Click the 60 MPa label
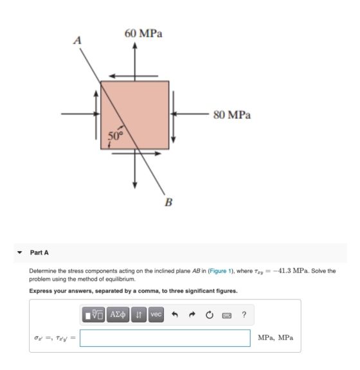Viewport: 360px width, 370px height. tap(143, 33)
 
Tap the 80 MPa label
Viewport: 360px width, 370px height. tap(232, 115)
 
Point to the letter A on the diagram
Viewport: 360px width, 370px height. tap(78, 40)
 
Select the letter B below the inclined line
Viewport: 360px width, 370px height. tap(168, 202)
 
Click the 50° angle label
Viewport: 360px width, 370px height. tap(116, 136)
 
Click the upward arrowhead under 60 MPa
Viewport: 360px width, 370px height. tap(135, 46)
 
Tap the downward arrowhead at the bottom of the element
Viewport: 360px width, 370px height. tap(135, 185)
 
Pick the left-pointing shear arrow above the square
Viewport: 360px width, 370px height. tap(134, 76)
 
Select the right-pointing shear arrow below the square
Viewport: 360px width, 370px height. tap(136, 154)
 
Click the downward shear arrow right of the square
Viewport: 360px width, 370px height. tap(174, 117)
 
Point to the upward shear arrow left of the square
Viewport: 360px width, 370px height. tap(96, 115)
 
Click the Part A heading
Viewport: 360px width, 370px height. tap(39, 252)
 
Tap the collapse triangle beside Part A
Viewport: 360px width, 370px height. tap(20, 252)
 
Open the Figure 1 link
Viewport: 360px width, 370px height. tap(220, 271)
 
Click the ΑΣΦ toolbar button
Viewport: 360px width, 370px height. tap(118, 315)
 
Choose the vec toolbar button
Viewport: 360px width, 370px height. tap(156, 315)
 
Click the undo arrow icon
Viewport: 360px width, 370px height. tap(175, 315)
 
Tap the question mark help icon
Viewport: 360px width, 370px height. tap(244, 315)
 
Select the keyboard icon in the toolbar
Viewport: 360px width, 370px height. tap(227, 315)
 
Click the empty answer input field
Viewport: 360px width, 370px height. tap(165, 338)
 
